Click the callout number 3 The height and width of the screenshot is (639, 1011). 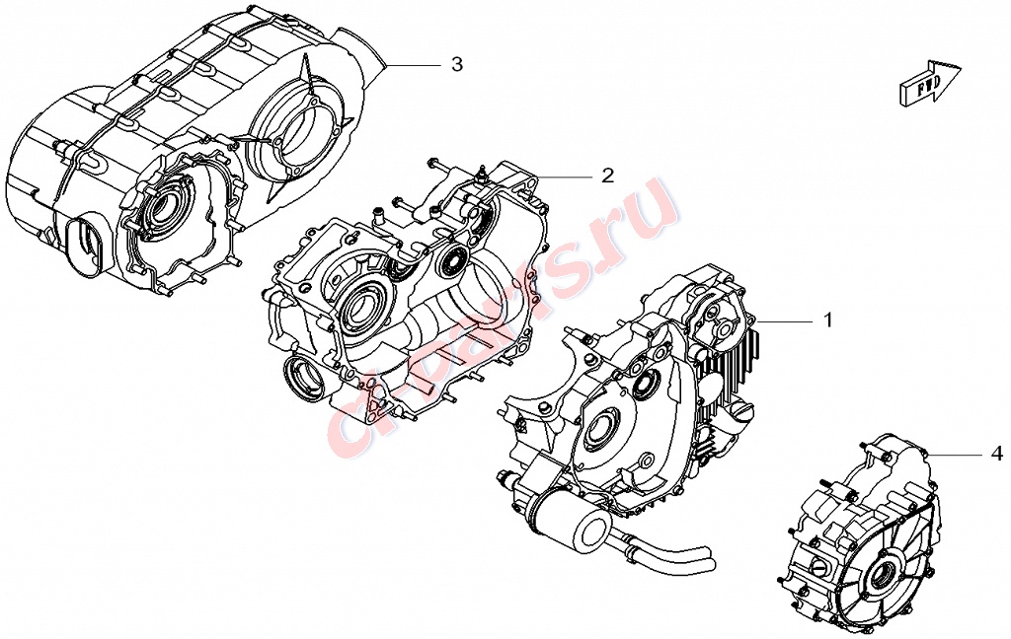(x=456, y=64)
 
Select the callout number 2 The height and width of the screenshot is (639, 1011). (x=607, y=176)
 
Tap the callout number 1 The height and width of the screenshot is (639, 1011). (x=828, y=319)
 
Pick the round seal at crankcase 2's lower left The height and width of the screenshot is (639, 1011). (x=301, y=382)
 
